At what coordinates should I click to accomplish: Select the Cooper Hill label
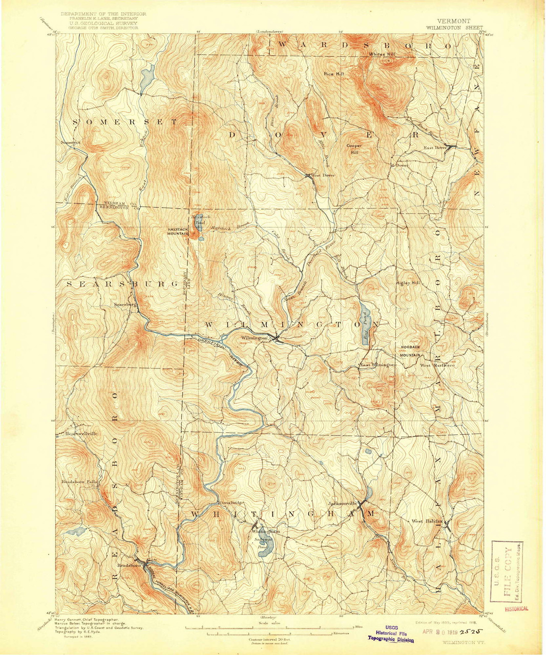[x=353, y=149]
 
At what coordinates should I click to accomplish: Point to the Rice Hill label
[x=334, y=74]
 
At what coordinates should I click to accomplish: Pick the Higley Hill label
[x=408, y=283]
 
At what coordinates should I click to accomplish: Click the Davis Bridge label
[x=231, y=503]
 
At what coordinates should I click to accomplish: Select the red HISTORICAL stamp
[x=516, y=609]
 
